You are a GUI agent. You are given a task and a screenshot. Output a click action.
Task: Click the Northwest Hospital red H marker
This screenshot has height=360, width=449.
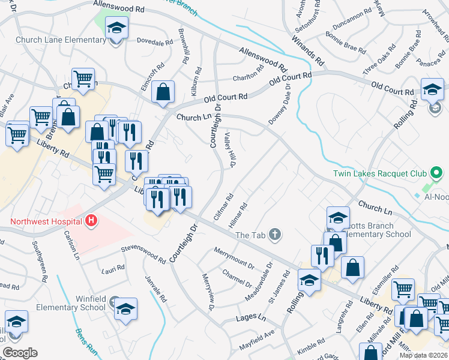click(x=91, y=221)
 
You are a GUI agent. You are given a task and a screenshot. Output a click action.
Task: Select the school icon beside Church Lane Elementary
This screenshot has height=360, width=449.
click(x=117, y=28)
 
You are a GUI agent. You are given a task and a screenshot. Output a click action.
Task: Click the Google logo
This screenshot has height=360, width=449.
click(x=20, y=353)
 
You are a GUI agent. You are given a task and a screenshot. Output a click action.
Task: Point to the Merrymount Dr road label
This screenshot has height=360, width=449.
click(x=234, y=257)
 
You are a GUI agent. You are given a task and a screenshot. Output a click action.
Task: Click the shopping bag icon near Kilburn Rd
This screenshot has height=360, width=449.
click(x=163, y=92)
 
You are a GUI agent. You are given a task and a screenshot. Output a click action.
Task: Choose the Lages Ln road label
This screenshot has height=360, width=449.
click(x=251, y=317)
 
